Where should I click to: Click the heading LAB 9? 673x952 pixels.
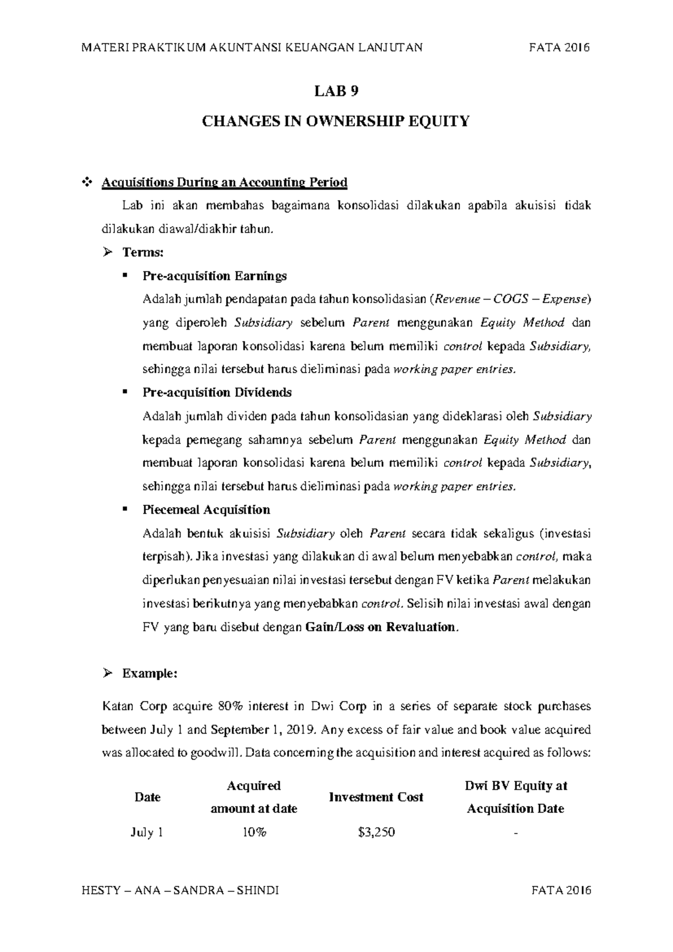[x=336, y=92]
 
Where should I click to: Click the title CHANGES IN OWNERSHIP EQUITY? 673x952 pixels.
[x=335, y=121]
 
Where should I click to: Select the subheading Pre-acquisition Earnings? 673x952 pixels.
[x=215, y=276]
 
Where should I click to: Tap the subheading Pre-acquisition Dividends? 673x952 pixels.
[x=217, y=392]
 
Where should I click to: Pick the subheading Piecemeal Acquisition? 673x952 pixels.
[x=206, y=510]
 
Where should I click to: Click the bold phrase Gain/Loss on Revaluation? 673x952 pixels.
[x=381, y=627]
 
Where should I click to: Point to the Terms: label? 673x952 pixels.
[x=142, y=253]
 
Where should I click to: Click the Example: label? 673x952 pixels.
[x=150, y=674]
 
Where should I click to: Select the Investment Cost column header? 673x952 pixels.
[x=376, y=797]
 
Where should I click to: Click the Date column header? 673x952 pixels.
[x=147, y=797]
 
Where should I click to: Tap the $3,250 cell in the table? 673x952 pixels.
[x=376, y=832]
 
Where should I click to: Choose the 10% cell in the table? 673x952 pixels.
[x=253, y=832]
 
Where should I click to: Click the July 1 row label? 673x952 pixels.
[x=147, y=832]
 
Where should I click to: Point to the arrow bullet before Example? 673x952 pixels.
[x=108, y=674]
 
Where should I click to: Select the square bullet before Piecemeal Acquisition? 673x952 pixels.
[x=125, y=509]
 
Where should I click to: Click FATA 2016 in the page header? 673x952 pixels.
[x=560, y=48]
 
